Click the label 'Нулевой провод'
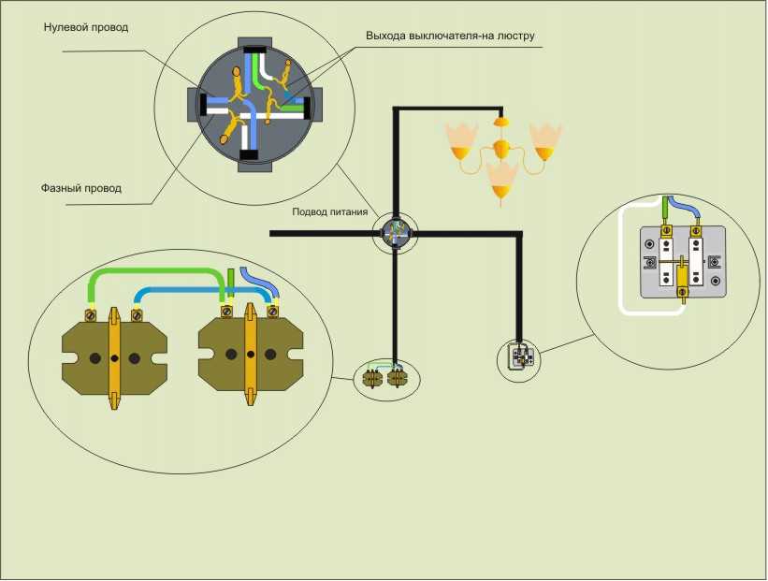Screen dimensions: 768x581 click(x=86, y=27)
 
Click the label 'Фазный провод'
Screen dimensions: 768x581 click(x=81, y=188)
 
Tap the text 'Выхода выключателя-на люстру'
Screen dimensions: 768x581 click(x=450, y=36)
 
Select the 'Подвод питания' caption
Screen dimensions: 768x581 click(x=329, y=212)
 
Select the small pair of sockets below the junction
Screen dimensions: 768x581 click(x=384, y=378)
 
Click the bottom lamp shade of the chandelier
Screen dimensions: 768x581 click(x=501, y=180)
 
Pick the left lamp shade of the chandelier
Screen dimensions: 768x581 click(x=461, y=141)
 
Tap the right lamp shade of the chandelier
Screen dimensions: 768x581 click(x=544, y=141)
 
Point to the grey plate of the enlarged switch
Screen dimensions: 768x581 click(x=683, y=262)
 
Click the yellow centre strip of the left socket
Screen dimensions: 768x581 click(x=114, y=358)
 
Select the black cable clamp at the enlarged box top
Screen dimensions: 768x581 click(x=254, y=50)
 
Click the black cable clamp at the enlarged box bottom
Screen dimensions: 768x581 click(x=249, y=154)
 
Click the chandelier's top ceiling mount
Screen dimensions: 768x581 click(x=500, y=121)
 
